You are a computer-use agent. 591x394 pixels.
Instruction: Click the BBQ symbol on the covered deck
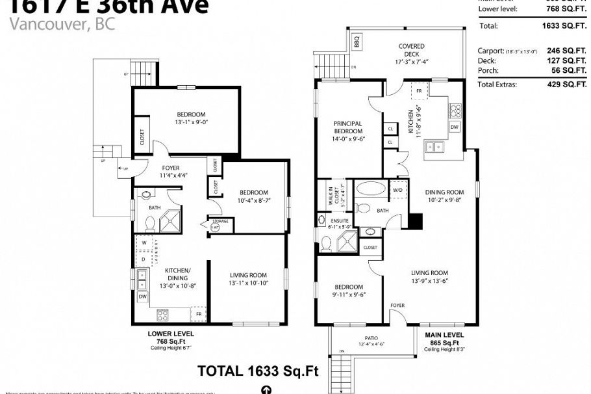[356, 42]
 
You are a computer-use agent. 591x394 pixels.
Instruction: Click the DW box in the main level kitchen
[454, 127]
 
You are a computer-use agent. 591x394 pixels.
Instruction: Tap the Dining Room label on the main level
[444, 192]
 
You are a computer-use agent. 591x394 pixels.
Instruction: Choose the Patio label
[371, 337]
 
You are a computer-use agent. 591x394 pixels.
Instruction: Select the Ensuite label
[339, 222]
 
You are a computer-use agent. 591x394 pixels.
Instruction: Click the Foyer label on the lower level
[171, 168]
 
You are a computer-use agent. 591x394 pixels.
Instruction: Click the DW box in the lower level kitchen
[143, 296]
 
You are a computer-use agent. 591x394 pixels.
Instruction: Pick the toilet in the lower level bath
[149, 224]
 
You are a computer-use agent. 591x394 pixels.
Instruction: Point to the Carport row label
[491, 50]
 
